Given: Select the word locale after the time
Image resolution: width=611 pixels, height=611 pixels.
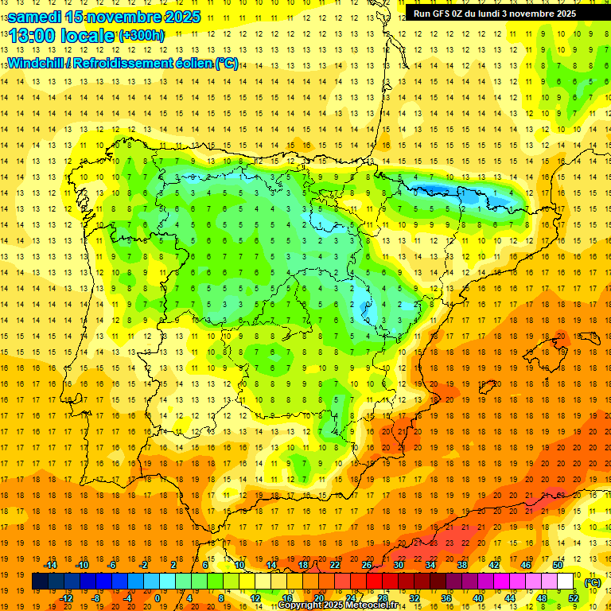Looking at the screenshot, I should tap(89, 35).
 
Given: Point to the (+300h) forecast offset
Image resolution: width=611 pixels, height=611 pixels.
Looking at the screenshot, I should tap(142, 36).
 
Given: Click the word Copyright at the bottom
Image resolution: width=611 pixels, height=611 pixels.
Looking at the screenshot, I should tap(301, 605).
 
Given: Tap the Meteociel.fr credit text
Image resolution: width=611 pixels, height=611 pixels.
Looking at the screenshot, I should tap(373, 605).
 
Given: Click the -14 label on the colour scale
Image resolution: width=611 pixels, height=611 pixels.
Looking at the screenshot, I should tap(51, 565).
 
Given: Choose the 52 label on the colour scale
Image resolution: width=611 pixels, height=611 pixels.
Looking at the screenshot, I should tap(574, 598).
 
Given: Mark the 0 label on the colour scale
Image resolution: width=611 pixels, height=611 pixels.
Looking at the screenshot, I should tap(157, 598).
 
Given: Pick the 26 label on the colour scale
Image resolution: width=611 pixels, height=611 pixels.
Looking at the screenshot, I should tap(367, 565).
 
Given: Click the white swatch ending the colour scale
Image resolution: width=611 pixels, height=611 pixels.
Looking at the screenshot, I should tap(566, 582).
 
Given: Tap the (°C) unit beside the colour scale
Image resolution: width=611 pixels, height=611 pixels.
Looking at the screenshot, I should tap(592, 582).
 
